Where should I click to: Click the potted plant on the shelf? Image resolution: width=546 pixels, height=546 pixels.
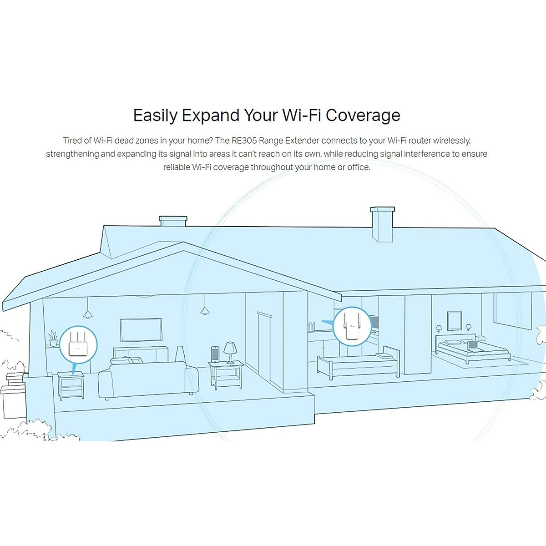coord(53,338)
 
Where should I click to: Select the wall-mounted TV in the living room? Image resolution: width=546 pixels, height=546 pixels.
coord(141,329)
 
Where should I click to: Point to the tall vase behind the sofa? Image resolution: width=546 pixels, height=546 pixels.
coord(180,354)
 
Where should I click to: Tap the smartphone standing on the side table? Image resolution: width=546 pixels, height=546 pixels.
coord(215,354)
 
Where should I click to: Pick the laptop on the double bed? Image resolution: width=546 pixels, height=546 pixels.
coord(474,345)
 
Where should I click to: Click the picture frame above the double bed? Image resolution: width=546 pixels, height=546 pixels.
coord(454,321)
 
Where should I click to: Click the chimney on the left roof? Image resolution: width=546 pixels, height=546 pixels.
coord(173,221)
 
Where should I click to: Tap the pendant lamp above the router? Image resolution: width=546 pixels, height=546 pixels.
coord(87,313)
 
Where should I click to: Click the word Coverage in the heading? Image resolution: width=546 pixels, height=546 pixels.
coord(363,115)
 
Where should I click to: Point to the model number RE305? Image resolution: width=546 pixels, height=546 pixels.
coord(244,141)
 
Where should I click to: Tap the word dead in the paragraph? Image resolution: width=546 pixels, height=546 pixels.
coord(124,141)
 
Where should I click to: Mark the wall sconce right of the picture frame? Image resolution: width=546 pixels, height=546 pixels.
coord(468,327)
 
